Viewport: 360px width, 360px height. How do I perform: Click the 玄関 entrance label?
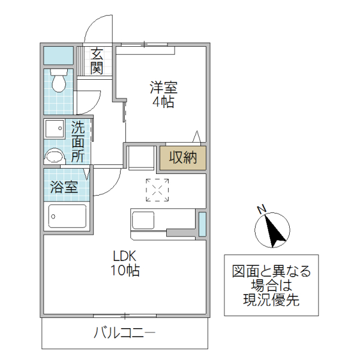[x=97, y=61]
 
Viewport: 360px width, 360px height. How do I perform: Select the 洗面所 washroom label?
[x=79, y=142]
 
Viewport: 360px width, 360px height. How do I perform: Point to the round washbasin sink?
[x=55, y=156]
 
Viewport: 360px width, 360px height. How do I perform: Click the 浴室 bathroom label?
[x=64, y=187]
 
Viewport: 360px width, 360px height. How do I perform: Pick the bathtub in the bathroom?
[x=67, y=215]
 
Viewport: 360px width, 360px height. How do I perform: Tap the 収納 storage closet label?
[x=182, y=158]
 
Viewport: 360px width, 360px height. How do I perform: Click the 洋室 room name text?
[x=163, y=88]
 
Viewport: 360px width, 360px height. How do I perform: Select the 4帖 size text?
[x=163, y=102]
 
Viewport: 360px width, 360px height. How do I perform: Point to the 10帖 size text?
[x=125, y=271]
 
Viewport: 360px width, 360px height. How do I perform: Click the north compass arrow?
[x=273, y=230]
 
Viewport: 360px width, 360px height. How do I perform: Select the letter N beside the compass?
[x=261, y=209]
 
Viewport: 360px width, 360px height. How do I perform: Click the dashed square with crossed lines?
[x=158, y=190]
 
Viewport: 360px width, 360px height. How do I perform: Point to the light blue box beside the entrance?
[x=58, y=55]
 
